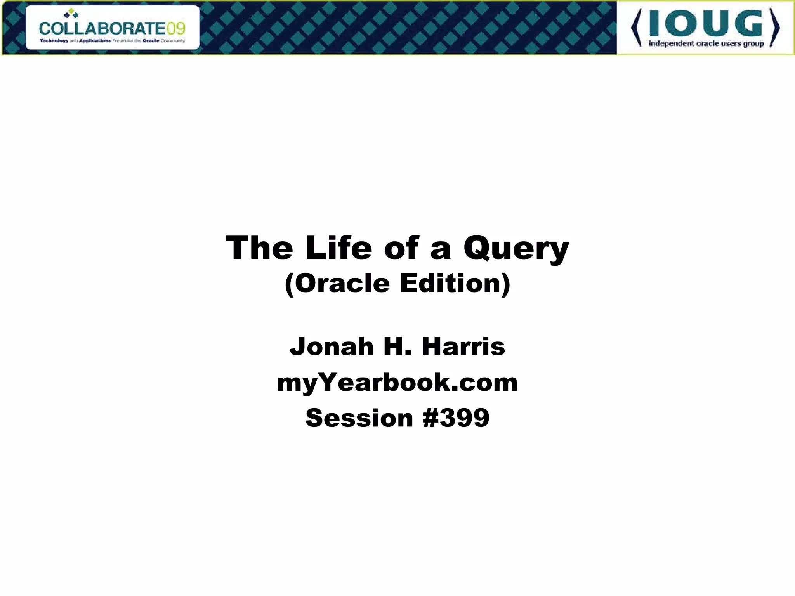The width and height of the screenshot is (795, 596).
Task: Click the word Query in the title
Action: pyautogui.click(x=516, y=249)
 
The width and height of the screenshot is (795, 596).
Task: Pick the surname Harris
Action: pyautogui.click(x=463, y=346)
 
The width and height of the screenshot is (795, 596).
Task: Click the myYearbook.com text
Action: pyautogui.click(x=397, y=383)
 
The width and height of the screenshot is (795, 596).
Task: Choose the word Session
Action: pyautogui.click(x=359, y=418)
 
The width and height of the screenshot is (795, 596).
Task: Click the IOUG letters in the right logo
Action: pyautogui.click(x=706, y=24)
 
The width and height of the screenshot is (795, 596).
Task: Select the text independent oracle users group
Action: pyautogui.click(x=706, y=43)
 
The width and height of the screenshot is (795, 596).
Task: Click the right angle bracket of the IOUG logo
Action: pyautogui.click(x=775, y=28)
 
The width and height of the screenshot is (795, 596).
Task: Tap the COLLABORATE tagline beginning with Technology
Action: pyautogui.click(x=112, y=40)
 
